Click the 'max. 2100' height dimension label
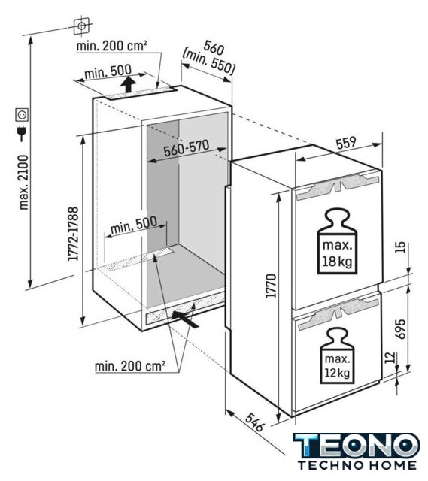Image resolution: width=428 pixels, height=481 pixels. (23, 182)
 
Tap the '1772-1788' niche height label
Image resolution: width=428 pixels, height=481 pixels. (74, 234)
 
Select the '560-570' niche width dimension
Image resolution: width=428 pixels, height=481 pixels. (187, 149)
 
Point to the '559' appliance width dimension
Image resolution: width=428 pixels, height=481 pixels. (346, 143)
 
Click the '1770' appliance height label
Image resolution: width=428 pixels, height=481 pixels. (272, 286)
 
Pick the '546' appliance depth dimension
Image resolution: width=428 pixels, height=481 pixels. (255, 422)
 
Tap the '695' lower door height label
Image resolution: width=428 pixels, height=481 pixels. (400, 329)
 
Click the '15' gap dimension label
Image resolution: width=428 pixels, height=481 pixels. (400, 247)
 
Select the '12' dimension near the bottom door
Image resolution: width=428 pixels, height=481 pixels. (390, 358)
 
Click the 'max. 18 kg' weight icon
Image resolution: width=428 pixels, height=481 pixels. (337, 241)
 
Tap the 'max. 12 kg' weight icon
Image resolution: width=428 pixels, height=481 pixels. (337, 355)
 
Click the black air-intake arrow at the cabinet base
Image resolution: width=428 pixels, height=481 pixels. (185, 319)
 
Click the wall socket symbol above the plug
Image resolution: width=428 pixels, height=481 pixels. (23, 114)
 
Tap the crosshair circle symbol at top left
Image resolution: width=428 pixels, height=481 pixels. (81, 26)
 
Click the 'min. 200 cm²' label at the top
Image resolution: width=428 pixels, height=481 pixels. (111, 47)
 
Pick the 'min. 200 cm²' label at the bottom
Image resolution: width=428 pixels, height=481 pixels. (130, 366)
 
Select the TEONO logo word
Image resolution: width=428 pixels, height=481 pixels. (357, 446)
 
